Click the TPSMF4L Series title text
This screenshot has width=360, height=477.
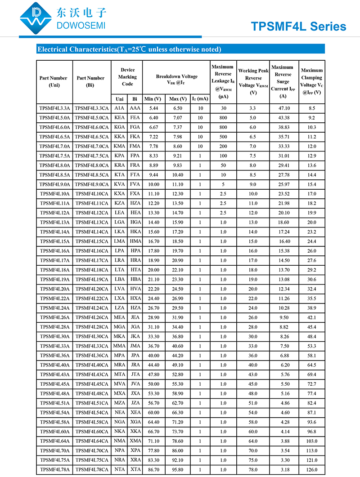pos(299,27)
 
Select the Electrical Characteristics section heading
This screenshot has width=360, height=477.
pos(129,49)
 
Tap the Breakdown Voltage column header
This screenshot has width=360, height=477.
pos(176,80)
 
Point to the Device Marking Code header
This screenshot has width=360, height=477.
pos(127,77)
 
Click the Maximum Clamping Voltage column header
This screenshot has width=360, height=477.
pos(311,81)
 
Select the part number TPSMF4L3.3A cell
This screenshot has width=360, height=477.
pos(55,108)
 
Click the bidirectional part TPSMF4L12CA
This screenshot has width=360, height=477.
pos(92,213)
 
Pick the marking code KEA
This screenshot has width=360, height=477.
pos(120,118)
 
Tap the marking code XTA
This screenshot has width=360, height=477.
pos(135,470)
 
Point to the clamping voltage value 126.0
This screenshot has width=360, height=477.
pos(311,470)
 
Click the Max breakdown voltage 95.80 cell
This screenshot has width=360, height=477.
pos(176,470)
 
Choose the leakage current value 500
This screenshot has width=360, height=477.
pos(223,137)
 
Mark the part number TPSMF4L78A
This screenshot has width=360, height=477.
pos(55,470)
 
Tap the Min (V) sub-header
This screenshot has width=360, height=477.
pos(153,99)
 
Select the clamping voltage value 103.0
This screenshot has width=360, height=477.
pos(311,441)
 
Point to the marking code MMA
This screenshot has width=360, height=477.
pos(120,346)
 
